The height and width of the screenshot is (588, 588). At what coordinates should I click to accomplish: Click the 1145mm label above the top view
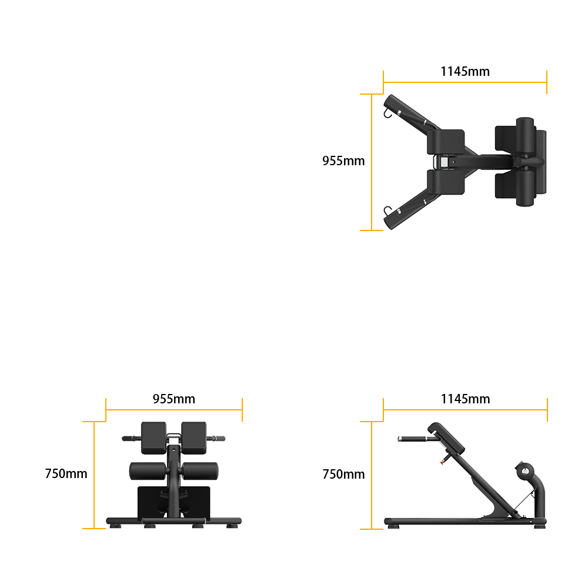coord(465,71)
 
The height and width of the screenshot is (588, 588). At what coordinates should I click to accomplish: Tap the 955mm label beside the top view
coord(343,161)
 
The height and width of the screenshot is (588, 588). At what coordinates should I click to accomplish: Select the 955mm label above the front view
coord(173,399)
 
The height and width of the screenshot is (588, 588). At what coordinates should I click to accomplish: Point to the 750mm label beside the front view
coord(66,473)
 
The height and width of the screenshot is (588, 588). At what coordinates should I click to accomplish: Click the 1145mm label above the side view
coord(465,399)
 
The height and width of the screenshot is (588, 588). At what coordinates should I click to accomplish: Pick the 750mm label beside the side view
coord(343,474)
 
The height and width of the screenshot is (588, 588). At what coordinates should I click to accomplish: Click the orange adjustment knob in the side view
coord(444,461)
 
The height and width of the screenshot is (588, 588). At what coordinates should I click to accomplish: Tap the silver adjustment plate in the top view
coord(445,162)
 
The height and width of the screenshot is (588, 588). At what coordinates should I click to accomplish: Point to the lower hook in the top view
coord(387,211)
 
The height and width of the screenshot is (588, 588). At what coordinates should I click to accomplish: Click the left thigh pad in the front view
coord(153,437)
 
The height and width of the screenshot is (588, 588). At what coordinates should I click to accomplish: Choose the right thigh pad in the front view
coord(194,437)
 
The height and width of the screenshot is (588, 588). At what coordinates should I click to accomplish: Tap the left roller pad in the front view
coord(148,471)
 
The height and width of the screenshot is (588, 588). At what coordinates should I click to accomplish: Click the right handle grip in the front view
coord(217,439)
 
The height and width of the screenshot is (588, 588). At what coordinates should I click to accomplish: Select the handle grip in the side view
coord(412,439)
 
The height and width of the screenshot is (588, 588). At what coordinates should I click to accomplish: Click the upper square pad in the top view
coord(446,142)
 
